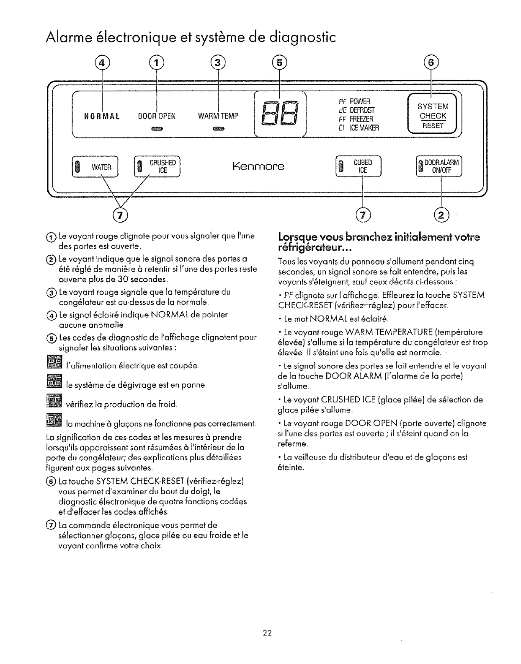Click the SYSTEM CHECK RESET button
click(433, 116)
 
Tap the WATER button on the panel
click(95, 167)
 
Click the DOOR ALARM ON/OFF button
click(438, 166)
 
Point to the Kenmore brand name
click(258, 166)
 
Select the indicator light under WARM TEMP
click(218, 129)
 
